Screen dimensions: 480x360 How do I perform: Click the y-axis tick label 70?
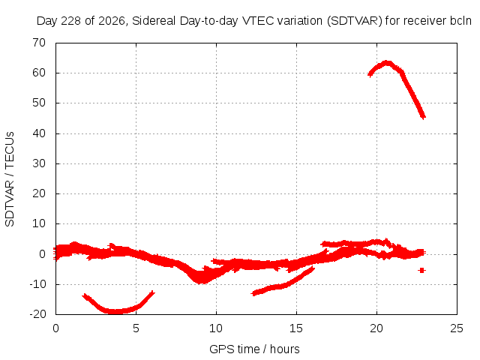click(39, 43)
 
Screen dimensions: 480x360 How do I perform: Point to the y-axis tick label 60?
click(39, 73)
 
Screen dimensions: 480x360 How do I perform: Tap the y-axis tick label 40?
click(39, 133)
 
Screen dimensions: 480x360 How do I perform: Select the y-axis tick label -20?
click(37, 314)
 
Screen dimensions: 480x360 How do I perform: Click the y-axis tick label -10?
click(37, 284)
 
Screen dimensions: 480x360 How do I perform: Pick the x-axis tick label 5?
click(136, 328)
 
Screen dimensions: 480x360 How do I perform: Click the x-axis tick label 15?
click(296, 328)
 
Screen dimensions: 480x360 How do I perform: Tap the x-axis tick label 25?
click(457, 328)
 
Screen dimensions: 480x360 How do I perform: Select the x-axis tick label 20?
click(376, 328)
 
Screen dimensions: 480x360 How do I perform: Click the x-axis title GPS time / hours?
click(254, 349)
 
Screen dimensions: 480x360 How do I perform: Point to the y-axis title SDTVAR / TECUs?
click(10, 179)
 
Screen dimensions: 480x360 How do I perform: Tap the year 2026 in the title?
click(112, 21)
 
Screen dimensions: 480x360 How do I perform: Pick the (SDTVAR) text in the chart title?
click(355, 21)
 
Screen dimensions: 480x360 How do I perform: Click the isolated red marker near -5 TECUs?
click(421, 270)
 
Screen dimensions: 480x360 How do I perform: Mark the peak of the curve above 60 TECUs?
click(387, 63)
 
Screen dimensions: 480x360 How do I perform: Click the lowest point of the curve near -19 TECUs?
click(113, 312)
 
